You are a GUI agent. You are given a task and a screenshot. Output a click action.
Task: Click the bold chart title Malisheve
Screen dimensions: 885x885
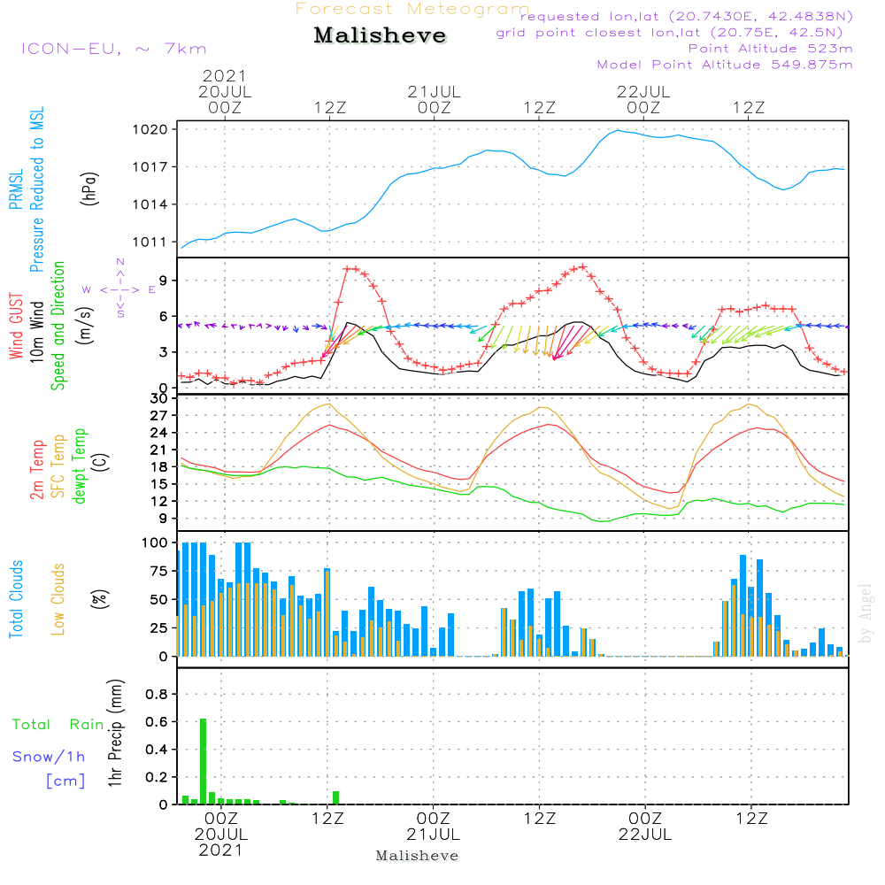(381, 36)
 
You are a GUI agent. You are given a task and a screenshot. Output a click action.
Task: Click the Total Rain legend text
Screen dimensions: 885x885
(58, 725)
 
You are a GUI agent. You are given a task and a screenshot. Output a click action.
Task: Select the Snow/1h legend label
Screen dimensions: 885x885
(50, 757)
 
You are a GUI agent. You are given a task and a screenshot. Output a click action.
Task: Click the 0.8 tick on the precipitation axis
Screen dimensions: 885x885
(156, 695)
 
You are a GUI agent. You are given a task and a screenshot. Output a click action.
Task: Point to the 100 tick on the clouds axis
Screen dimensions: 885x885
(155, 543)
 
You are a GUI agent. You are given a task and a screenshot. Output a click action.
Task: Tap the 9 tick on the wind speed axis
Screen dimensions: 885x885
(163, 281)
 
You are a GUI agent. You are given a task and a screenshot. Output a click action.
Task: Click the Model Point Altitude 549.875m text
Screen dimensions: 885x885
(725, 65)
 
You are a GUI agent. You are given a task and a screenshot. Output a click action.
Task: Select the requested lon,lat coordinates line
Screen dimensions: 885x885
(687, 17)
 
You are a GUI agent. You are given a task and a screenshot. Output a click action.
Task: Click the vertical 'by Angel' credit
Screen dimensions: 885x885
(866, 613)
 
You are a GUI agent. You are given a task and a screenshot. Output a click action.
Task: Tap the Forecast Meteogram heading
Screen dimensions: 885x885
(412, 9)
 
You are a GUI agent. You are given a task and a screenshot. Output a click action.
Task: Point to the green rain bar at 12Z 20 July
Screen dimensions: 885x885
(336, 797)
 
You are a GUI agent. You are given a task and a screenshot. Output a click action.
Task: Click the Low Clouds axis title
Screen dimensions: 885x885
(59, 598)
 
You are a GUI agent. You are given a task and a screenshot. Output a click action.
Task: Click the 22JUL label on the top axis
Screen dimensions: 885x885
(643, 91)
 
